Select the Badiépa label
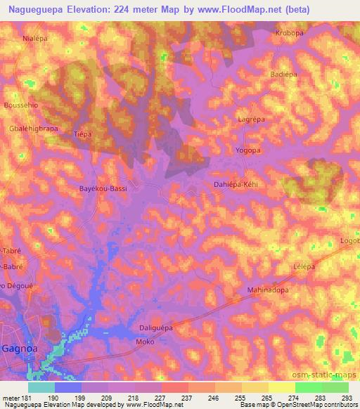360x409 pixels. coord(285,74)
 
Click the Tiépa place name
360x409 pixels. coord(83,134)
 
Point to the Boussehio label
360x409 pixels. coord(20,106)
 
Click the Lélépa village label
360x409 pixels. coord(303,268)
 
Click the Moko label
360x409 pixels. coord(144,342)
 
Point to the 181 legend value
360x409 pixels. coord(27,399)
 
